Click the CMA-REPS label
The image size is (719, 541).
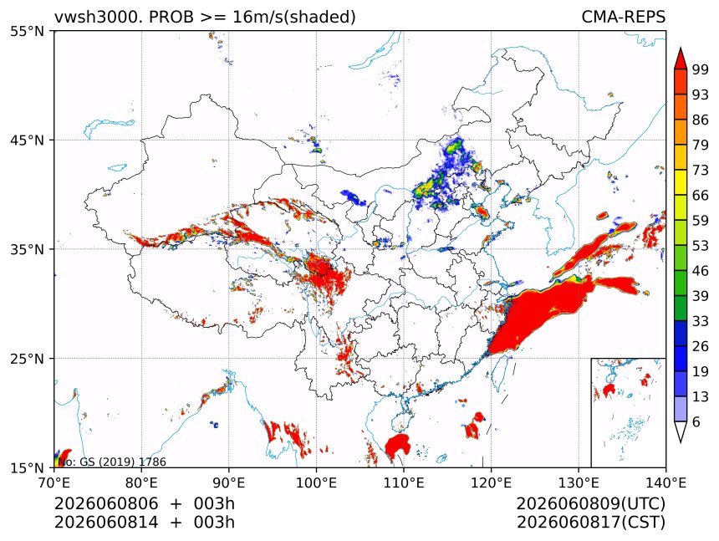coord(623,17)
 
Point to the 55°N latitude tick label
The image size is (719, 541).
coord(27,32)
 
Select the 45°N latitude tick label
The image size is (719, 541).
coord(27,140)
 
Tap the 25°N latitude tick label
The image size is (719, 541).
coord(27,359)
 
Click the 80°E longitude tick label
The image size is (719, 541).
coord(141,482)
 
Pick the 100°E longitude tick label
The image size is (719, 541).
coord(316,482)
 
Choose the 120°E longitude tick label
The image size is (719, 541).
coord(491,482)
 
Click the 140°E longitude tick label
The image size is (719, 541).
coord(665,482)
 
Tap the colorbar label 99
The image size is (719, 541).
coord(701,70)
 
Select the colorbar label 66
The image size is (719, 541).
coord(701,196)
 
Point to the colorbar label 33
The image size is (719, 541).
coord(701,321)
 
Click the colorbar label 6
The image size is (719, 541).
coord(696,421)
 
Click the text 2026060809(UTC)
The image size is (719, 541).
coord(590,503)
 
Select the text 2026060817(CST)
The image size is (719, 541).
coord(590,523)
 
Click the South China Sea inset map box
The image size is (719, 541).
coord(591,412)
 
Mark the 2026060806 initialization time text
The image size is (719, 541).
coord(106,503)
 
